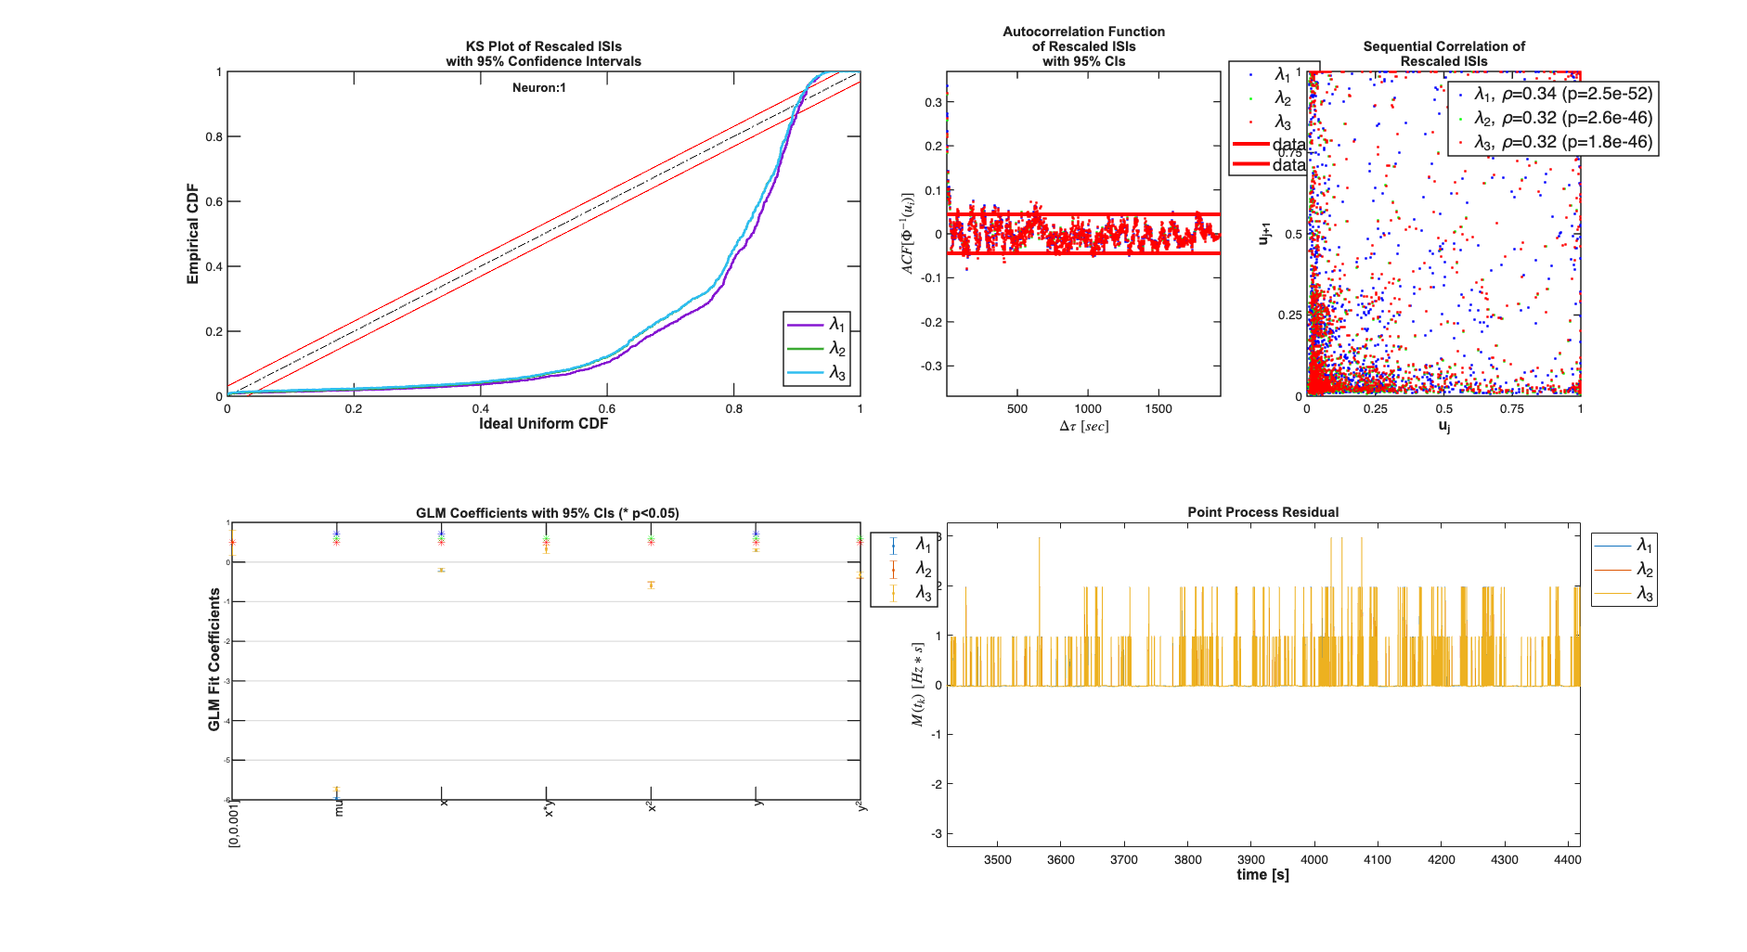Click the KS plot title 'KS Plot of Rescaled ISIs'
[x=543, y=46]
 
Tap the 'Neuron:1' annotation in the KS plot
[x=538, y=88]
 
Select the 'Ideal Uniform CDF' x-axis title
[x=543, y=424]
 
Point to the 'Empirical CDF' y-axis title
[x=193, y=234]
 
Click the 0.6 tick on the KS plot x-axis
[x=606, y=409]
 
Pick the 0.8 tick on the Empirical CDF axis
[x=214, y=137]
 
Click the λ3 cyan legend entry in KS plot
[x=817, y=373]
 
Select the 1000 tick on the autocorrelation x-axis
[x=1088, y=409]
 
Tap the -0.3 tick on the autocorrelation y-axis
[x=931, y=367]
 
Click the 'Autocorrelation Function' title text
[x=1083, y=32]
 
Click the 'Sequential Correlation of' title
[x=1443, y=46]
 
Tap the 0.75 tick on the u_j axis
[x=1511, y=409]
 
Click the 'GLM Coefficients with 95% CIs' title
[x=547, y=513]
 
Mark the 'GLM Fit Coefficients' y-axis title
[x=214, y=659]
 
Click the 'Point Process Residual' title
[x=1262, y=512]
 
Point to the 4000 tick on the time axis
[x=1313, y=860]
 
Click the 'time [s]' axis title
[x=1262, y=875]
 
